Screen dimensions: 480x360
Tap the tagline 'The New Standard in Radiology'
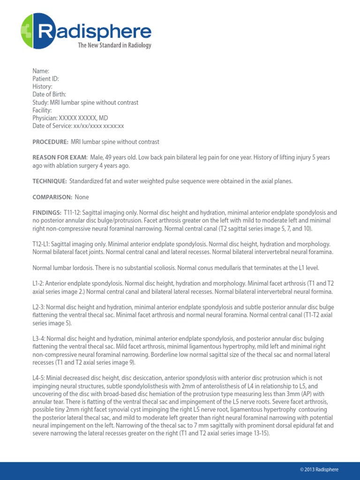tap(114, 45)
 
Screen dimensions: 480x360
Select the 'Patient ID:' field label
tap(45, 79)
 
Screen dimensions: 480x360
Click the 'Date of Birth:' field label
tap(49, 95)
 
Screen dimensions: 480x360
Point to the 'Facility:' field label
tap(42, 110)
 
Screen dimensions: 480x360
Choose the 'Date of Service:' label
tap(52, 126)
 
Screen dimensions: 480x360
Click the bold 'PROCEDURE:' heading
tap(50, 142)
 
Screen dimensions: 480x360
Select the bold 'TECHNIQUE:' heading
tap(50, 181)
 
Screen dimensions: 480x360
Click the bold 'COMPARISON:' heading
tap(52, 197)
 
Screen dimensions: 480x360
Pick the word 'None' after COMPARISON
tap(82, 197)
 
